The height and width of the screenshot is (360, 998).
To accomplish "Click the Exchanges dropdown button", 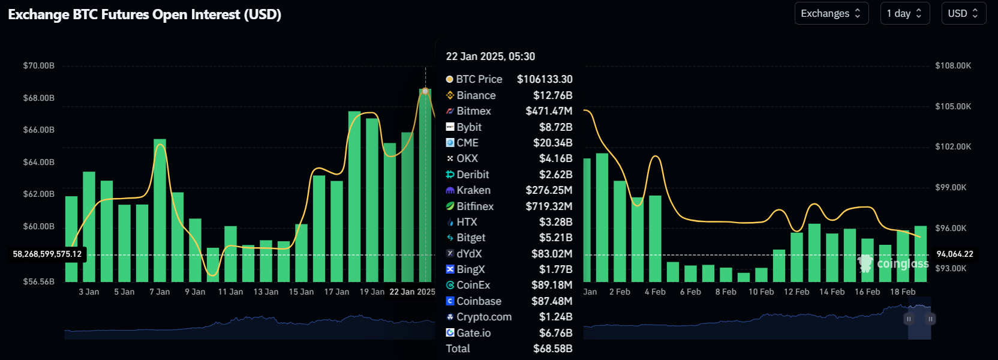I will (831, 13).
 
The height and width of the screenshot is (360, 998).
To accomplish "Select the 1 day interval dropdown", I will (904, 13).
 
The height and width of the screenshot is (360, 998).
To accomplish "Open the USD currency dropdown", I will (963, 13).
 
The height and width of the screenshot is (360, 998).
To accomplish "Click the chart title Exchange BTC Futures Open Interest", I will (145, 14).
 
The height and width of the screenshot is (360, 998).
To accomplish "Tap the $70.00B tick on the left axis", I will (38, 65).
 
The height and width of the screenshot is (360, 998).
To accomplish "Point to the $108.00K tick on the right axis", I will (953, 65).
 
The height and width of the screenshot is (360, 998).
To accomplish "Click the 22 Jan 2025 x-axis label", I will (412, 292).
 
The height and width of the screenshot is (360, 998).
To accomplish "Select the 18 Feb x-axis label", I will (903, 292).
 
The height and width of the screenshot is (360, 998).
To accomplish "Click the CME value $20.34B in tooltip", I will (552, 143).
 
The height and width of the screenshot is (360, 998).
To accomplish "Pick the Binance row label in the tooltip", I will (476, 95).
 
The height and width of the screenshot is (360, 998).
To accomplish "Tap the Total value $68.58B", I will (552, 349).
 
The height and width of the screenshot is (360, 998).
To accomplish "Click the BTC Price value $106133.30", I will (545, 79).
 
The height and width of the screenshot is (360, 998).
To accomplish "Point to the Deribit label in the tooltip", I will (473, 175).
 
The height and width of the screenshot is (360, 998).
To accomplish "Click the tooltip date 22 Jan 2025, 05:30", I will (490, 56).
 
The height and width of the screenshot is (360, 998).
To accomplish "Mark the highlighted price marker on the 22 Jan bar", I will (425, 91).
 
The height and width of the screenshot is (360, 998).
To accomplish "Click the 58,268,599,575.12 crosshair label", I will (47, 254).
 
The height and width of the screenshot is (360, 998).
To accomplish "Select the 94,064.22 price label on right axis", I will (955, 254).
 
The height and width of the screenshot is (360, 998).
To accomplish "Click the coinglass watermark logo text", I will (902, 264).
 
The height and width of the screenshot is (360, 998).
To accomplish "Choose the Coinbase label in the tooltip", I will (479, 301).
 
